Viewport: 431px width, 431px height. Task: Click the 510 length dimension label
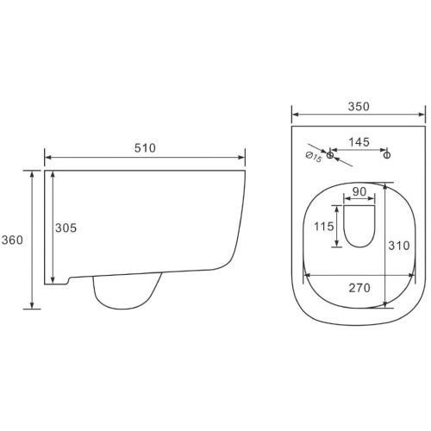[x=145, y=148]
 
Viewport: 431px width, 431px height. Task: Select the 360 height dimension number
[x=12, y=240]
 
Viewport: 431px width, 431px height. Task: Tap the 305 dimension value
[x=66, y=228]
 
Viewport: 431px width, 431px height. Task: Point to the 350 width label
[x=359, y=107]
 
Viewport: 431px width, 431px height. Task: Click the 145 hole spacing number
[x=359, y=142]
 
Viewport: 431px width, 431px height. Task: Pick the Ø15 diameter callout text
[x=314, y=157]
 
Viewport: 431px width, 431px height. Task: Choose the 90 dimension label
[x=359, y=191]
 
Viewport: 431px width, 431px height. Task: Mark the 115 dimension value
[x=324, y=227]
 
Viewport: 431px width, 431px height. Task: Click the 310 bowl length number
[x=399, y=246]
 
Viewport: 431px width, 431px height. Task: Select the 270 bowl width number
[x=359, y=288]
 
